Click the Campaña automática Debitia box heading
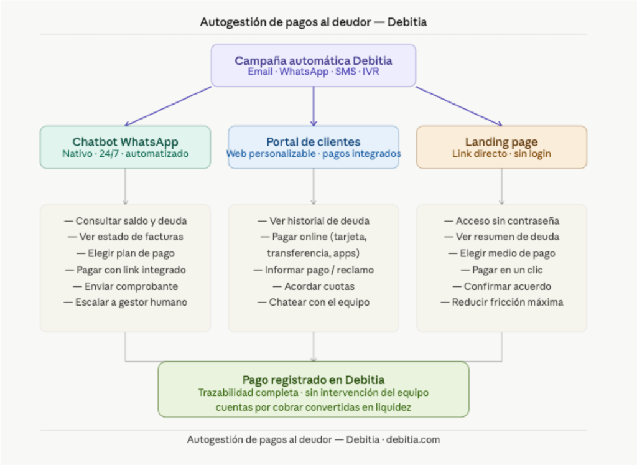tap(313, 60)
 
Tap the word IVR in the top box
tap(371, 72)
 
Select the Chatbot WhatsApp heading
tap(125, 142)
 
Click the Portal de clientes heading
tap(313, 142)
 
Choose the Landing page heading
tap(501, 142)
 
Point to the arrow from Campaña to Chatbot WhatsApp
tap(168, 106)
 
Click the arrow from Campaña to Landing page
tap(459, 106)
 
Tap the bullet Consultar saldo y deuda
tap(125, 221)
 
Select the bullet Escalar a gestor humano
tap(125, 302)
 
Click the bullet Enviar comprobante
tap(125, 286)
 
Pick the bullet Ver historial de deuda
tap(313, 221)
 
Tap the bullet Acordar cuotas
tap(313, 286)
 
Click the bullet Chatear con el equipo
tap(313, 302)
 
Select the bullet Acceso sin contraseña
tap(501, 221)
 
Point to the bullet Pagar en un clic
tap(501, 270)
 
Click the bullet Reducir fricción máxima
tap(501, 302)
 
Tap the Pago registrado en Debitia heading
tap(313, 380)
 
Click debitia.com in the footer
tap(413, 439)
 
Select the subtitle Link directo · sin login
tap(501, 154)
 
